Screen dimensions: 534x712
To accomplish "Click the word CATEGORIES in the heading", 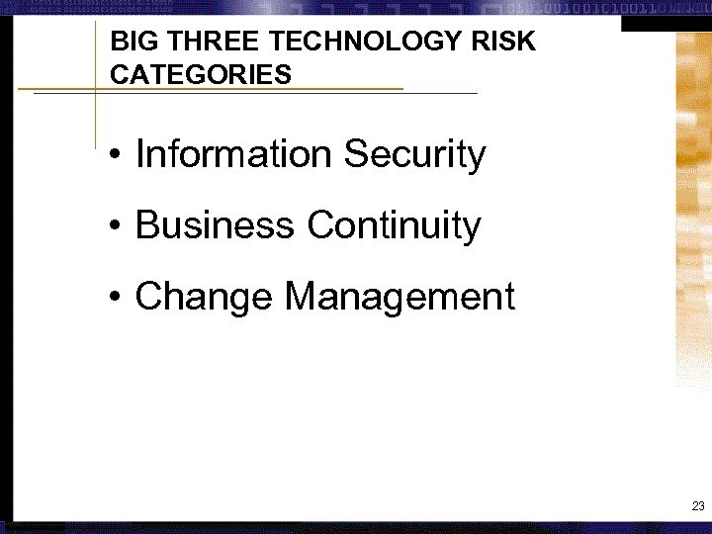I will (x=201, y=75).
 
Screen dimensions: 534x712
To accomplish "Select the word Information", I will (x=233, y=154).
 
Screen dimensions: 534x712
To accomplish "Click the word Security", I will (x=414, y=154).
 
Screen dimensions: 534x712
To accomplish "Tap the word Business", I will (x=215, y=225).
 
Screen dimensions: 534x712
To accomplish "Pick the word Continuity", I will (x=394, y=225).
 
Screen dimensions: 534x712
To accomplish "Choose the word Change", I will (x=204, y=296).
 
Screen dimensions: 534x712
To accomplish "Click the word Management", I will (x=400, y=296).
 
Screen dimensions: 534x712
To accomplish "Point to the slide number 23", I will (x=698, y=506).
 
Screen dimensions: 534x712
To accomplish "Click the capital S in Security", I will (x=355, y=154).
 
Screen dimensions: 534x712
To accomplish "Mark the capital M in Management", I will (x=301, y=296).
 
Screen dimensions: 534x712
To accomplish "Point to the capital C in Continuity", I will (x=320, y=225).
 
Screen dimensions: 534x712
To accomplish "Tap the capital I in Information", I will (x=139, y=154).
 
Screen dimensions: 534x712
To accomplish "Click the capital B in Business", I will (x=146, y=225).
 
